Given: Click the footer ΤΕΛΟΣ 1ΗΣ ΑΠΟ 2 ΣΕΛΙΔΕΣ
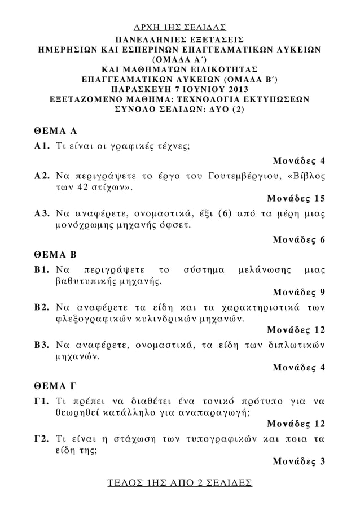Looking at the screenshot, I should click(180, 484).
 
